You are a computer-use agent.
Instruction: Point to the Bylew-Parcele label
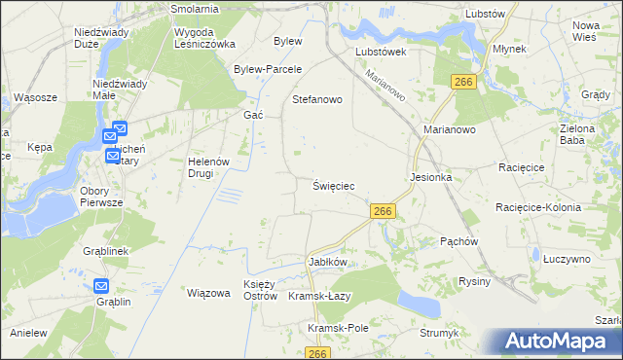268,69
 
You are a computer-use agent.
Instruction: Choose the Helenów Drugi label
206,167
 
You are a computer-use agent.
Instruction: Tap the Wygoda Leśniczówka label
204,38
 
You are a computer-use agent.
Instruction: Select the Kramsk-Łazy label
319,296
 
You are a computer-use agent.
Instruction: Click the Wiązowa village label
207,293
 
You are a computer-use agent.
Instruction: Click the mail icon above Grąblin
102,286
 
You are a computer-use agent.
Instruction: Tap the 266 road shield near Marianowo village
463,83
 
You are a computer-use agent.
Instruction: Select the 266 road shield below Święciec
383,211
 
